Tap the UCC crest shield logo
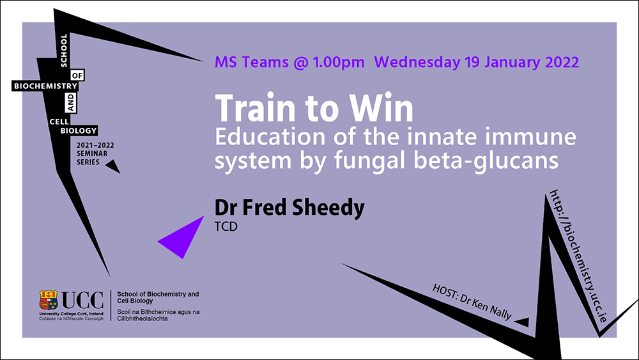(49, 300)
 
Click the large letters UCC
(82, 301)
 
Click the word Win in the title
(381, 108)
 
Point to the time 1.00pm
(339, 63)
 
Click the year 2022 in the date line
(562, 62)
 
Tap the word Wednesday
(417, 62)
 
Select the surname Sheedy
(328, 208)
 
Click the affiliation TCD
(226, 227)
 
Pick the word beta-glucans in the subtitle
(486, 160)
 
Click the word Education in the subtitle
(270, 137)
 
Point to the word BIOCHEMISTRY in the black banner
(45, 86)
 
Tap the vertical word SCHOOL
(63, 51)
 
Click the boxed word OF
(77, 75)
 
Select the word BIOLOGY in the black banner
(79, 131)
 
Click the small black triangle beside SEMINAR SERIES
(113, 166)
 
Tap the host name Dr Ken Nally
(486, 306)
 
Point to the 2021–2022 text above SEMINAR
(95, 145)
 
